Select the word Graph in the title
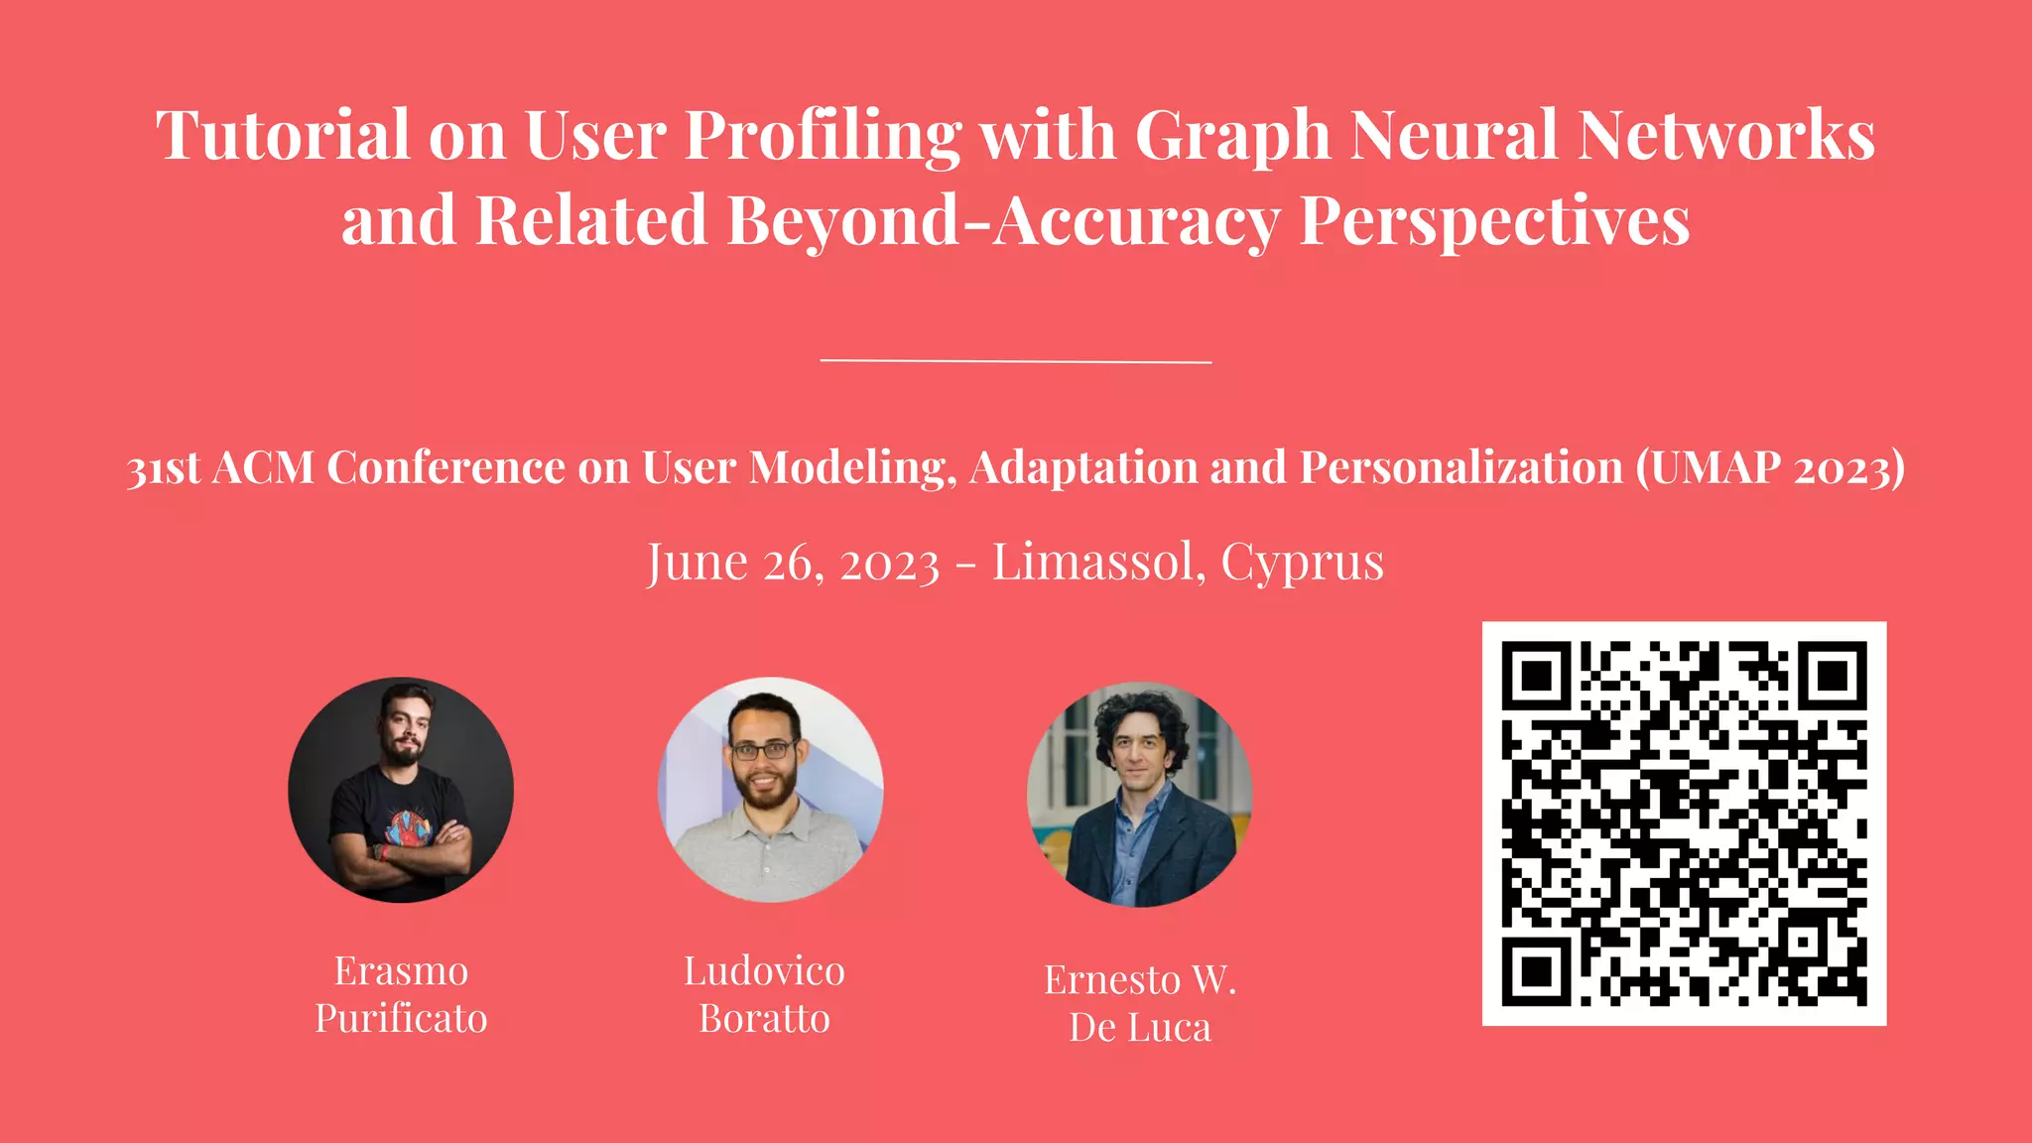[1231, 136]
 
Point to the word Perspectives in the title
[1494, 220]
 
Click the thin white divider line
[1016, 361]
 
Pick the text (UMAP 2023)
[1770, 467]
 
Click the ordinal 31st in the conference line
[164, 468]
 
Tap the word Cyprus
[1302, 563]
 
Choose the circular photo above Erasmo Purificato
[401, 790]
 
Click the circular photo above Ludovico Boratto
[770, 790]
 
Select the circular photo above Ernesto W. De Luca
[1139, 794]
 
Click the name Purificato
[401, 1019]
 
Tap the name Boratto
[764, 1019]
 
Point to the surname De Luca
[1140, 1028]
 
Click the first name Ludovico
[764, 971]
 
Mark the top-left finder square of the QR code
[1536, 676]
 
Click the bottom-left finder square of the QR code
[1536, 971]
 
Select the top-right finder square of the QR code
[1833, 676]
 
